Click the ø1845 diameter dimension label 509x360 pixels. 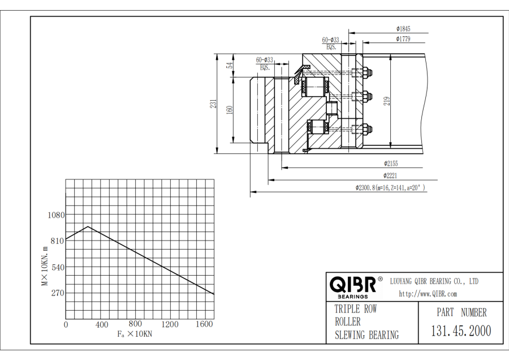[x=403, y=28]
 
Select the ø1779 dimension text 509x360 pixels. [x=403, y=39]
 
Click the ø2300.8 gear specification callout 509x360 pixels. [x=390, y=187]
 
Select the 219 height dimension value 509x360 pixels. [x=386, y=101]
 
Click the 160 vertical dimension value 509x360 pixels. [x=230, y=109]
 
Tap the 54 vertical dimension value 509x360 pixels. [x=230, y=65]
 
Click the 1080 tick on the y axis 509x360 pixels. [x=55, y=215]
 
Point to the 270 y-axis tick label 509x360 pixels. [x=58, y=293]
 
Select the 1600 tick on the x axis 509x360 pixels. [x=204, y=325]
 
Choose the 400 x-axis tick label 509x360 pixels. [x=101, y=325]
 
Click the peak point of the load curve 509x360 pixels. [x=88, y=226]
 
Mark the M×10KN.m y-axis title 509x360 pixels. [x=45, y=266]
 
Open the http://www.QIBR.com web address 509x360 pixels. [x=428, y=294]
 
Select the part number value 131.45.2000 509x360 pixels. [x=461, y=331]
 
